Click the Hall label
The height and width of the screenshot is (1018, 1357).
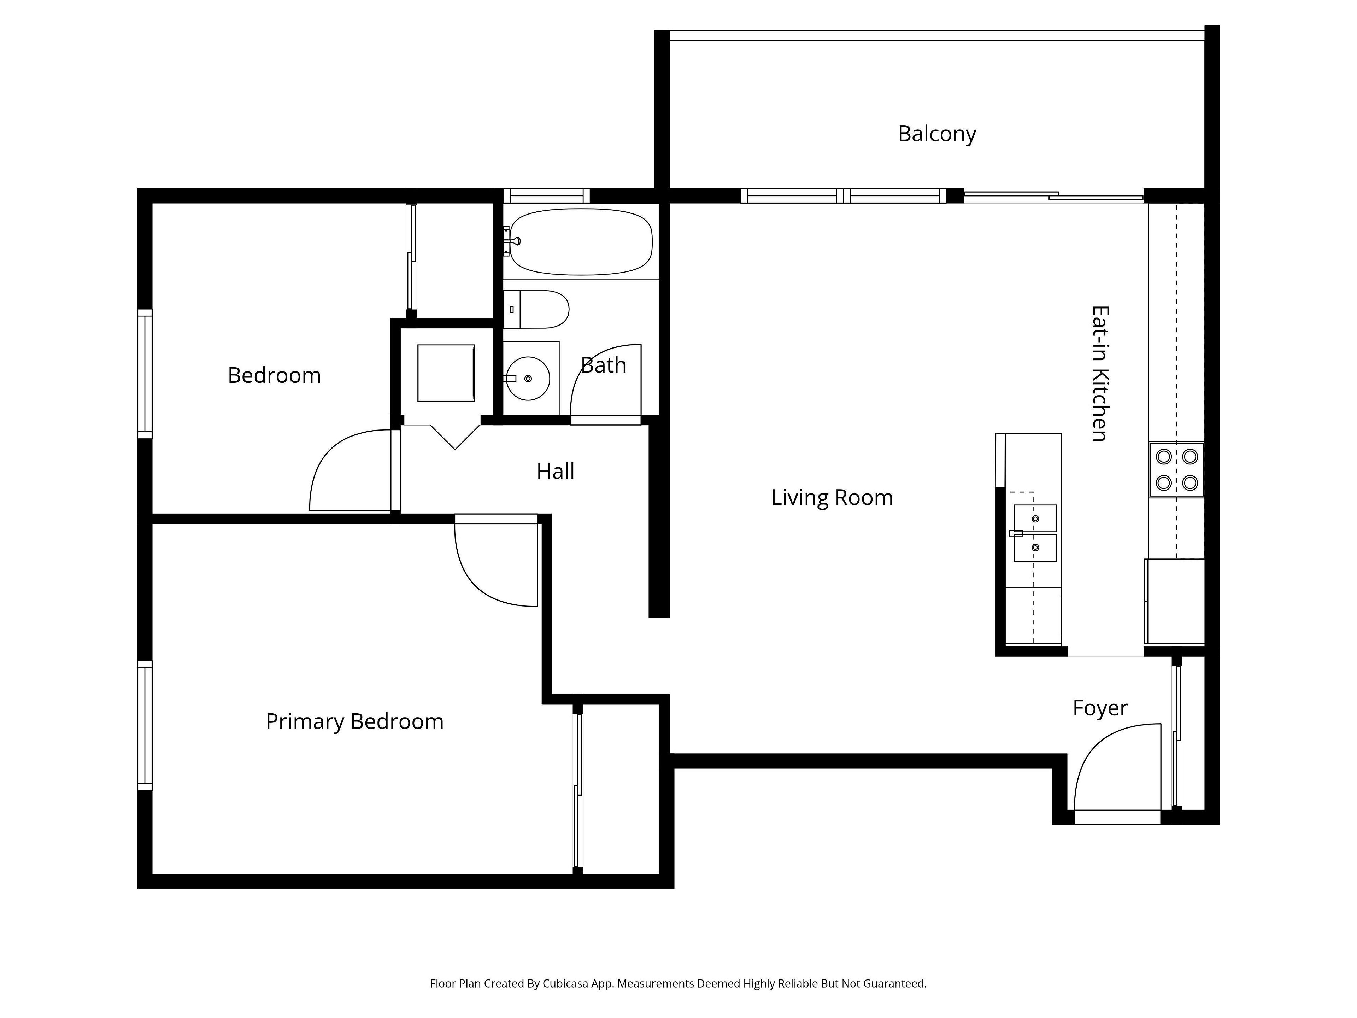pyautogui.click(x=555, y=471)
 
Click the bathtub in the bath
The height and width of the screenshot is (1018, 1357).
pyautogui.click(x=580, y=242)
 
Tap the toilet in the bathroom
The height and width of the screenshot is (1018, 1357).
pyautogui.click(x=536, y=309)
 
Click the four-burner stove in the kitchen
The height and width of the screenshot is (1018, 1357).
pyautogui.click(x=1177, y=469)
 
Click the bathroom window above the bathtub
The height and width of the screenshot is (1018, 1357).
pyautogui.click(x=547, y=196)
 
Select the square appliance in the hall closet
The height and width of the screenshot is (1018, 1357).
pyautogui.click(x=446, y=373)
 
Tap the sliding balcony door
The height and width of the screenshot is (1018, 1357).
pyautogui.click(x=1053, y=197)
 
